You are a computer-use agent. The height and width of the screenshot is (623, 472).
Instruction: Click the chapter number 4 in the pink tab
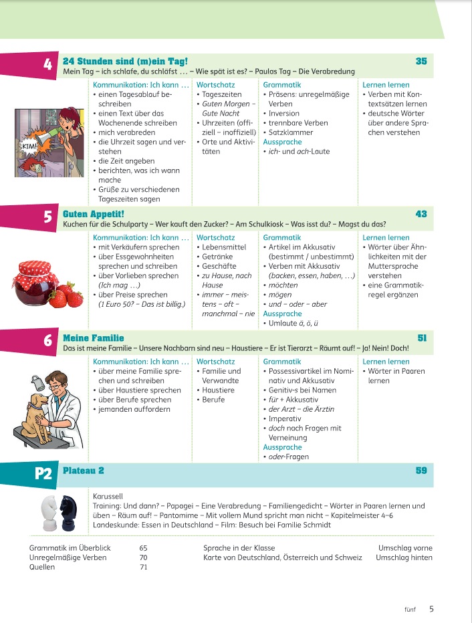[47, 65]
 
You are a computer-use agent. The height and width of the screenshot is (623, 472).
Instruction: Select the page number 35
[421, 61]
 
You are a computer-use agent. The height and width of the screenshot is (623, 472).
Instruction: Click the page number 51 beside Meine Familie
[422, 338]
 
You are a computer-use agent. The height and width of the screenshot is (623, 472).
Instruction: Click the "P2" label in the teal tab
[43, 474]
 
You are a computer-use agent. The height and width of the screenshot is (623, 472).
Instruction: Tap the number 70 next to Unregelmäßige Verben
[143, 557]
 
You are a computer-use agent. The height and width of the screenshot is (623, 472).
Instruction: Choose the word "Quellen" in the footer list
[42, 567]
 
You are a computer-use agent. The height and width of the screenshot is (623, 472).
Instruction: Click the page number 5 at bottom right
[431, 608]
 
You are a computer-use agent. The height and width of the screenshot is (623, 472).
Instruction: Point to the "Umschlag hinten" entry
[404, 557]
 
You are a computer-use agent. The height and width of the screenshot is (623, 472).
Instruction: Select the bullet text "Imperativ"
[287, 418]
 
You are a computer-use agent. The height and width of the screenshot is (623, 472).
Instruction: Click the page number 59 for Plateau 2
[421, 471]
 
